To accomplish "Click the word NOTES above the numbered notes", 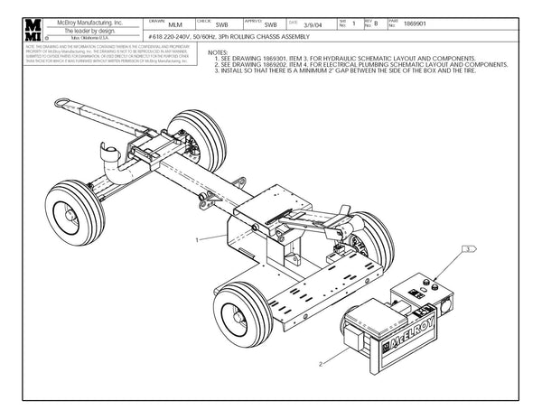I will click(x=218, y=53).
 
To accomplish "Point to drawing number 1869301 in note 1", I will click(x=283, y=59).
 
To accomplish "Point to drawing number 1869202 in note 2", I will click(x=283, y=65).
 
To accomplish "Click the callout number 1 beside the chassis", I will click(x=196, y=239).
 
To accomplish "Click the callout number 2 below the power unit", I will click(x=321, y=364).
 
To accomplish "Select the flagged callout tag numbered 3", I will click(x=469, y=247).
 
